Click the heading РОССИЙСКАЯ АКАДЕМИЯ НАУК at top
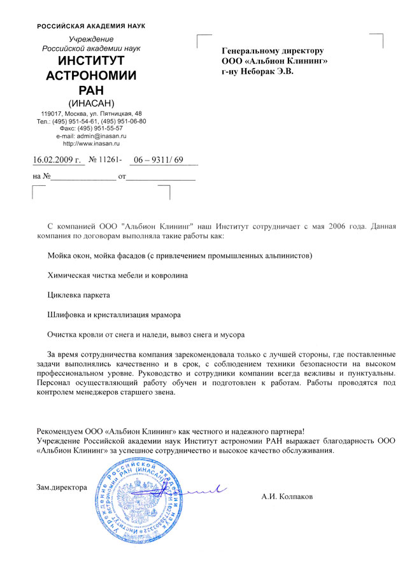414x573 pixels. pos(91,26)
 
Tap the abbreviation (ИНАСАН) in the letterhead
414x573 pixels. pos(91,103)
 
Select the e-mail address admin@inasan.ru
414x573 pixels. pos(92,136)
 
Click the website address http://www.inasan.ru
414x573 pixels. pos(92,143)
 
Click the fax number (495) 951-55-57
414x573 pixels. pos(92,128)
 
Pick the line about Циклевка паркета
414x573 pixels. pos(79,295)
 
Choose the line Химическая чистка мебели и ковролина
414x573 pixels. pos(118,276)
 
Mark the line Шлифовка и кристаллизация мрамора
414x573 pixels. pos(114,315)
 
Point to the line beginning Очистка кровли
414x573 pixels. pos(146,334)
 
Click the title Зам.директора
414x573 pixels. pos(61,487)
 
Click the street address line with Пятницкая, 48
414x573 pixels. pos(92,113)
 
